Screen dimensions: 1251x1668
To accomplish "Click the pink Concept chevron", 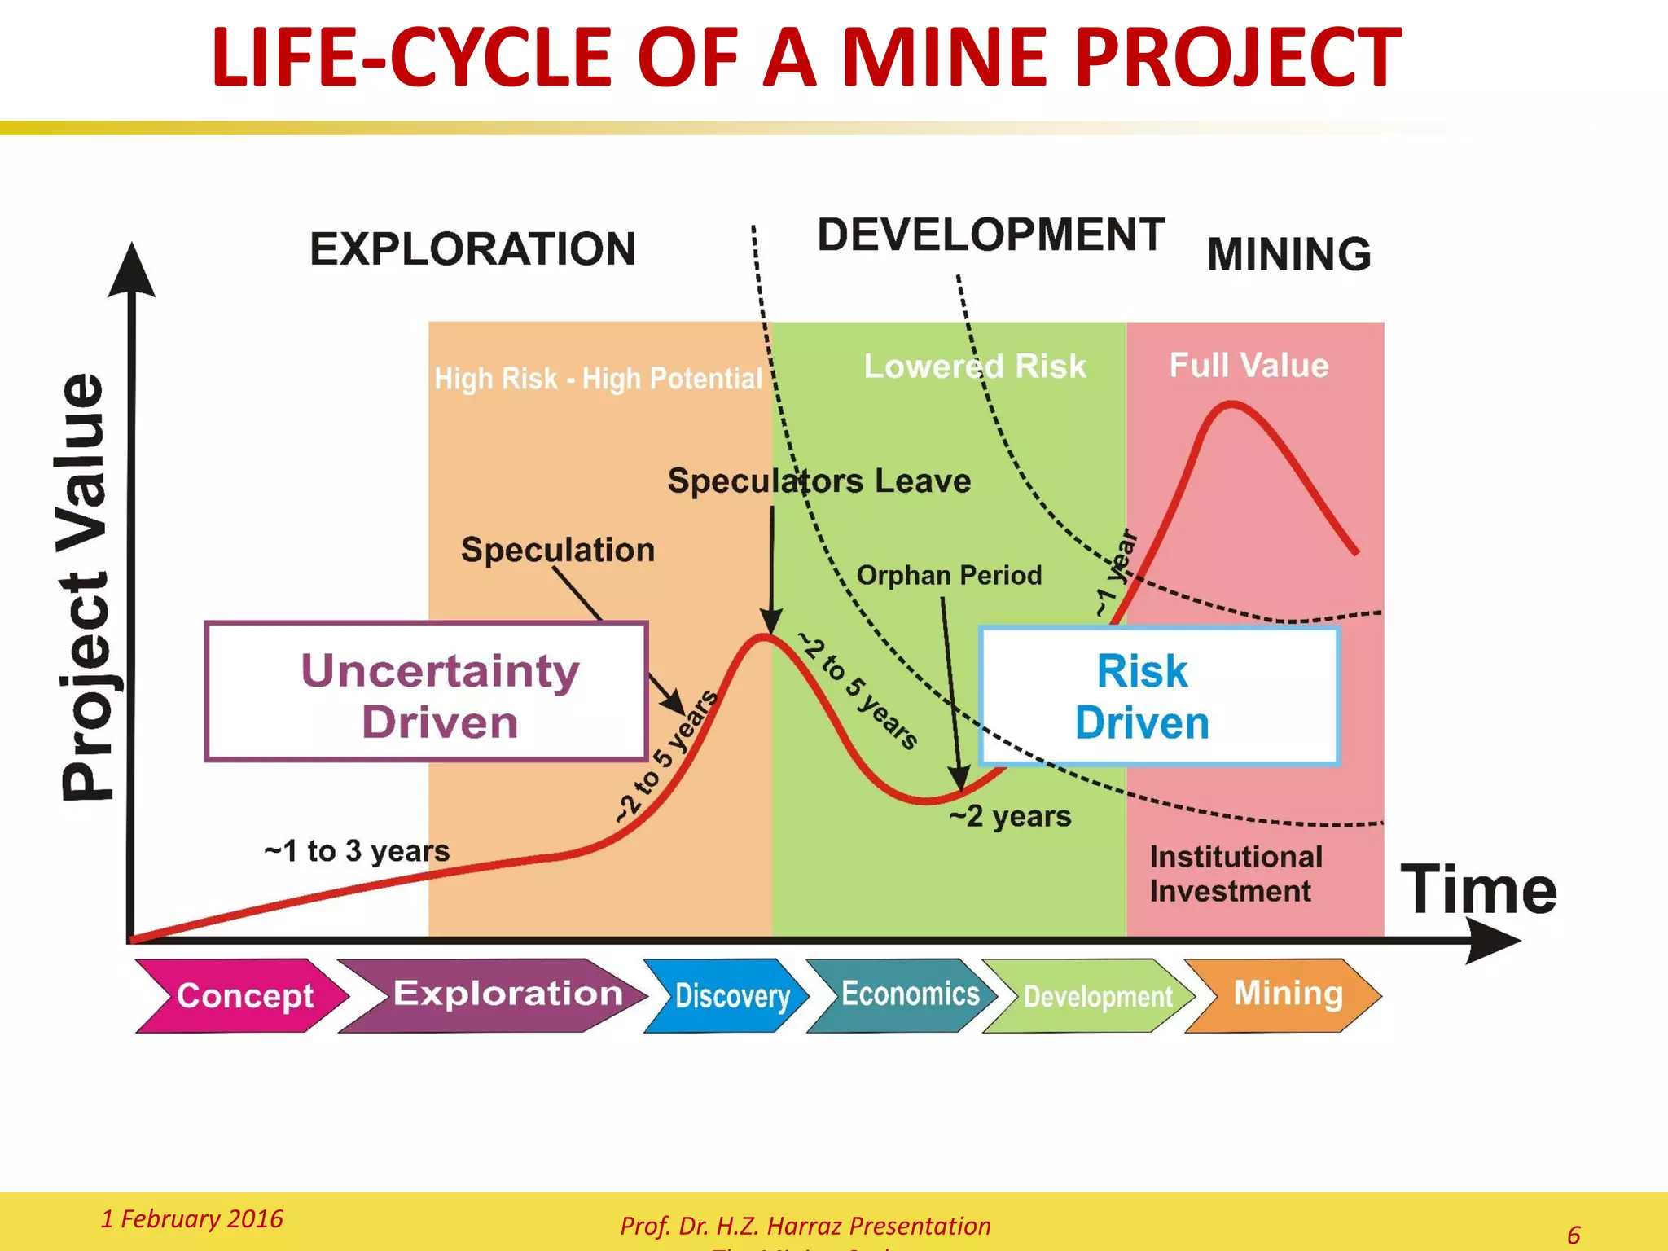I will (243, 995).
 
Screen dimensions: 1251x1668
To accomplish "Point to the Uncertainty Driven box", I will (427, 692).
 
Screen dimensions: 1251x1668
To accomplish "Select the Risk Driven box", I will (1158, 696).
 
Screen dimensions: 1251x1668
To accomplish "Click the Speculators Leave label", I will (819, 481).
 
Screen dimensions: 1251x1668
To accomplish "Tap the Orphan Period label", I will (949, 576).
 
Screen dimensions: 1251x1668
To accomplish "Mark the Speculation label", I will (558, 551).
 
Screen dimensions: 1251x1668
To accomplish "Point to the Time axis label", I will (1478, 889).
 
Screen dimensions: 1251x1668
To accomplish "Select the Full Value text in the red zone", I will (1249, 366).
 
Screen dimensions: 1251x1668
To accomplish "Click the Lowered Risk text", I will (975, 367).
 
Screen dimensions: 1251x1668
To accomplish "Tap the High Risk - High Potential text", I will (598, 379).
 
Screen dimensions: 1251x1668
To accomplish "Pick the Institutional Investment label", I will (1236, 874).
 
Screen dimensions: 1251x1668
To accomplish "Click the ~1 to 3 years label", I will (357, 851).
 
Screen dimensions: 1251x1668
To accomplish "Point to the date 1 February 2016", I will (191, 1218).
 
